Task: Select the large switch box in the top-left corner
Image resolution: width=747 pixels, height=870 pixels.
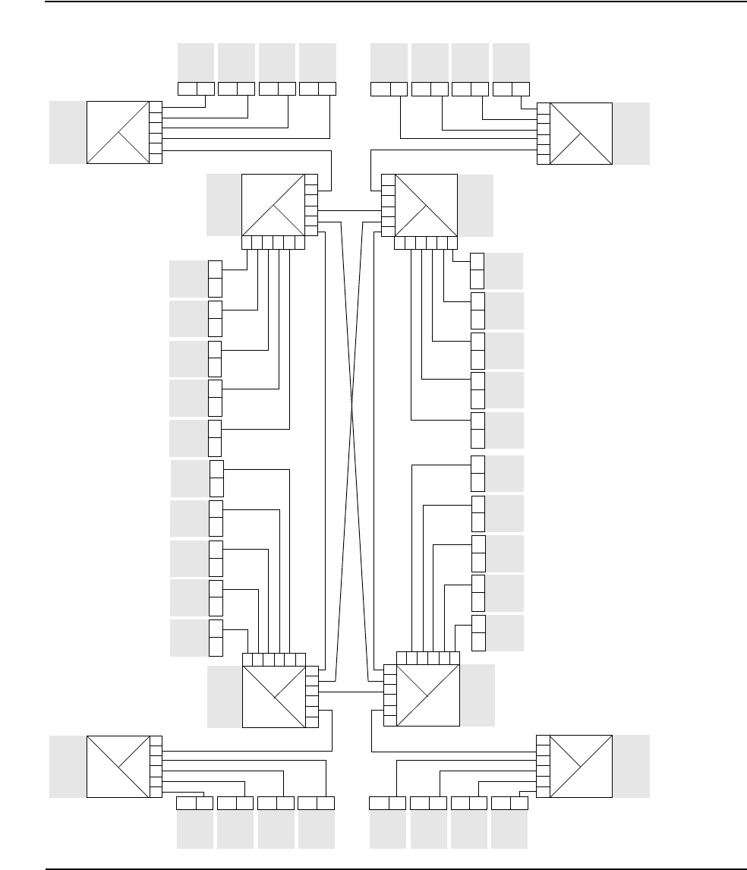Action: point(118,132)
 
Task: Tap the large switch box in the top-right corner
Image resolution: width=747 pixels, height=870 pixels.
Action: point(581,134)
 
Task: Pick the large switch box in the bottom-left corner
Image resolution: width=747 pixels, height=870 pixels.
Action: point(118,766)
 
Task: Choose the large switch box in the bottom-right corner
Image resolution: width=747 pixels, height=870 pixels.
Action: point(581,766)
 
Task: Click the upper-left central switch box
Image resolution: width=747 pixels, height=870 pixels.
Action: point(273,205)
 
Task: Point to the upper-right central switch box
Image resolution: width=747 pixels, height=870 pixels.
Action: point(427,205)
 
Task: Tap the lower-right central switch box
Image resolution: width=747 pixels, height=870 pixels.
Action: point(428,695)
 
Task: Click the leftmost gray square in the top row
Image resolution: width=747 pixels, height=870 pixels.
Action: point(196,61)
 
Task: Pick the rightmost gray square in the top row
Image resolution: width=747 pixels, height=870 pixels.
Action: point(511,61)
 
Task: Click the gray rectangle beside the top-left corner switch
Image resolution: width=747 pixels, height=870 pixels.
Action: point(68,132)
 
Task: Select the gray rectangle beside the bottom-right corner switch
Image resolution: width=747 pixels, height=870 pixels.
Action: point(632,766)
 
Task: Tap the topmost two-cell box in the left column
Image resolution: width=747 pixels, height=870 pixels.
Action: point(215,279)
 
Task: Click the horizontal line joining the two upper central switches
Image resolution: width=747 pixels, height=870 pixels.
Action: point(349,210)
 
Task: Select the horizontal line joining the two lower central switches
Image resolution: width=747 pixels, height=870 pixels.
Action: point(351,692)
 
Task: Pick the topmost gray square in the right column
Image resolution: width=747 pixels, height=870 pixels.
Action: point(504,270)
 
